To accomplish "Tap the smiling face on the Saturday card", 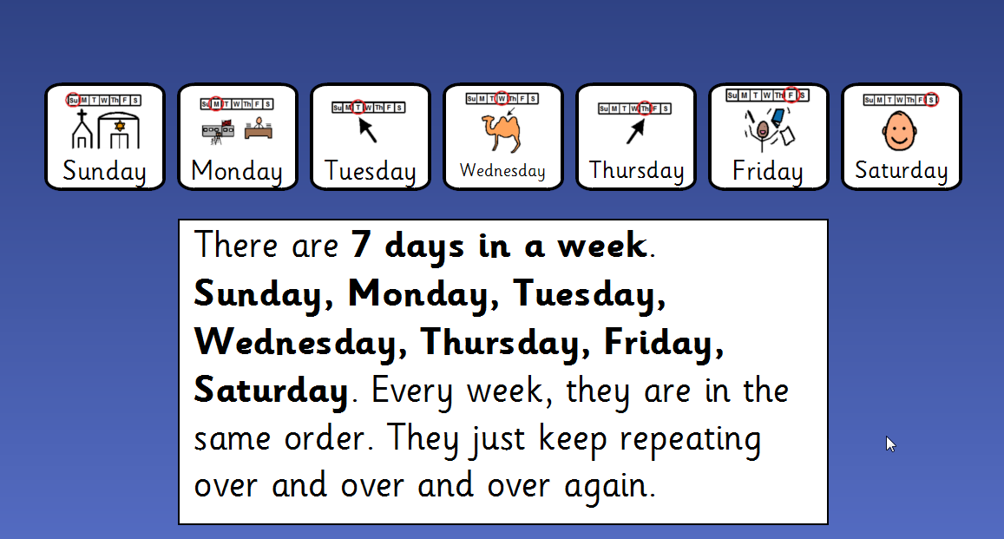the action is click(900, 131).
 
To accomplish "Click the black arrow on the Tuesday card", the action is click(367, 130).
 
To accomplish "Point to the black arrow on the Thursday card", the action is click(636, 132).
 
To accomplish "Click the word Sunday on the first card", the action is click(104, 172).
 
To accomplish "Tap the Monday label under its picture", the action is click(236, 172).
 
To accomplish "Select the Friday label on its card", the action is click(767, 172).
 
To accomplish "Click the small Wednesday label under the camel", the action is click(502, 171).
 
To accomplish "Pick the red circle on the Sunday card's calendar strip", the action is click(74, 100).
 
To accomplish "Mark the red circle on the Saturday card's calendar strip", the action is click(932, 100).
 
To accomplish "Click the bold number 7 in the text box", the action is click(361, 245).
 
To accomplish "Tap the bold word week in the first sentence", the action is click(602, 245).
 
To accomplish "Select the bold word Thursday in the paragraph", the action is click(501, 343).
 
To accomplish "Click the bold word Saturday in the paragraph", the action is click(271, 391).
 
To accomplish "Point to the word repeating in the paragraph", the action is click(690, 440).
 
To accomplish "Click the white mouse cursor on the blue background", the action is click(890, 444).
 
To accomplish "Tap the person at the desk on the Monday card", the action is click(259, 128).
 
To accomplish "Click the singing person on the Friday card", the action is click(761, 130).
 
